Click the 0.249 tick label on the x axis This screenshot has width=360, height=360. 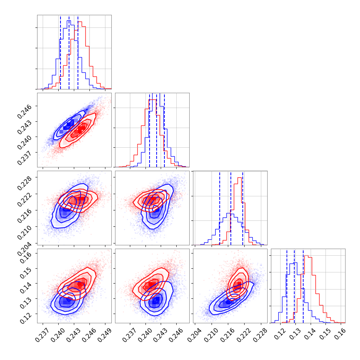coord(105,336)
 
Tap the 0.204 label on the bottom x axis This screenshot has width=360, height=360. coord(194,336)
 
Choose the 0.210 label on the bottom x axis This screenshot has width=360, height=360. coord(211,336)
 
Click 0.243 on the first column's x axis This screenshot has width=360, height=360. coord(73,336)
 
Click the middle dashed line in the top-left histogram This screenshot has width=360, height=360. coord(69,53)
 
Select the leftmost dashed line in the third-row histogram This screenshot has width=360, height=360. coord(220,209)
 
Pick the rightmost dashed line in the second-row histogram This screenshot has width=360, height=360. coord(164,131)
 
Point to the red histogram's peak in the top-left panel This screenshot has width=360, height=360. coord(80,22)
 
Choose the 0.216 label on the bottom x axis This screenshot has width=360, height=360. coord(227,336)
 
